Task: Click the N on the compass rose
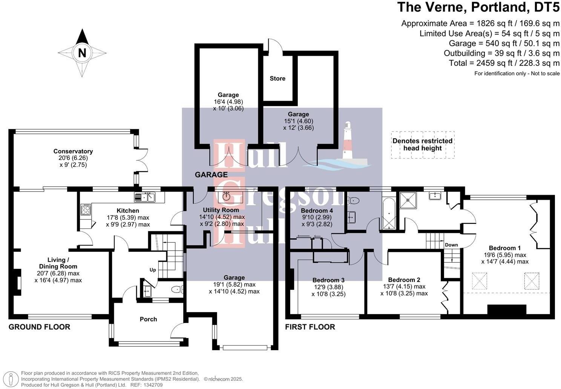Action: pos(82,53)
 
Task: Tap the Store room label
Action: pos(277,79)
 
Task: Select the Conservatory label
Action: pos(73,151)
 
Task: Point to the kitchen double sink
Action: pos(144,197)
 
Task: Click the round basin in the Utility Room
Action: pos(227,196)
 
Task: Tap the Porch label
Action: pos(148,319)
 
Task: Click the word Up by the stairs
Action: pos(153,270)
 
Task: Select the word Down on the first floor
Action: pos(451,245)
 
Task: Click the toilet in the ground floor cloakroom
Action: pos(177,289)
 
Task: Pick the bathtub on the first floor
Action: pos(389,214)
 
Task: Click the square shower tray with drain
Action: pos(408,200)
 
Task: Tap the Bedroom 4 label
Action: pos(317,211)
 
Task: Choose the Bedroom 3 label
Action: pos(328,280)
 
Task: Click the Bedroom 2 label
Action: pos(404,280)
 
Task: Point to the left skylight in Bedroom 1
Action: pos(480,281)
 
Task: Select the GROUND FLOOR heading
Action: pos(39,327)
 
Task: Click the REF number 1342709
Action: pos(153,385)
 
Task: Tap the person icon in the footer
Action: pos(11,380)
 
